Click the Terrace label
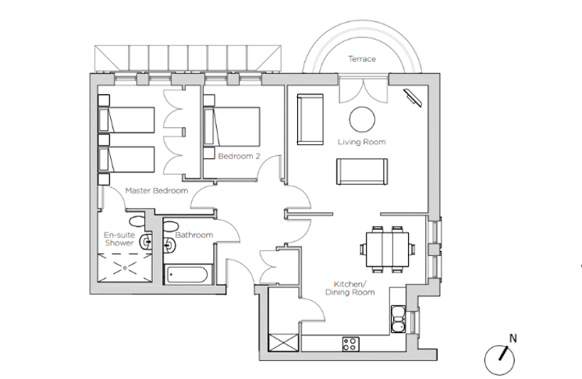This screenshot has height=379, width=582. pyautogui.click(x=362, y=59)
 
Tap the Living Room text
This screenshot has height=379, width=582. pyautogui.click(x=361, y=142)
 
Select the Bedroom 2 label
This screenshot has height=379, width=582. pyautogui.click(x=239, y=156)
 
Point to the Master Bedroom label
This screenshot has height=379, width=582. pyautogui.click(x=157, y=190)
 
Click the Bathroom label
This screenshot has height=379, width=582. pyautogui.click(x=194, y=235)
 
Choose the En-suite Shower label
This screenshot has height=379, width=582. pyautogui.click(x=119, y=239)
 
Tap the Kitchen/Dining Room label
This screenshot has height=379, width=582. pyautogui.click(x=350, y=288)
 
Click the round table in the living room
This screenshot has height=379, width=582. pyautogui.click(x=362, y=119)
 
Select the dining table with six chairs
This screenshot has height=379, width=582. pyautogui.click(x=388, y=250)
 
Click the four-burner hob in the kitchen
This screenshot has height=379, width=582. pyautogui.click(x=351, y=344)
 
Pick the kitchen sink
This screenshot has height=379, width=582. pyautogui.click(x=398, y=318)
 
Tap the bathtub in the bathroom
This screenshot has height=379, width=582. pyautogui.click(x=188, y=275)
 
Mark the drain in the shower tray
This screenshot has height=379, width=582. pyautogui.click(x=125, y=267)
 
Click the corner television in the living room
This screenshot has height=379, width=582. pyautogui.click(x=413, y=97)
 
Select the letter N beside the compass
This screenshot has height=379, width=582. pyautogui.click(x=513, y=338)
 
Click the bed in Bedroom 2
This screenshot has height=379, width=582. pyautogui.click(x=232, y=126)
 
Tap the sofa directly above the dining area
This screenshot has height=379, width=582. pyautogui.click(x=362, y=172)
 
